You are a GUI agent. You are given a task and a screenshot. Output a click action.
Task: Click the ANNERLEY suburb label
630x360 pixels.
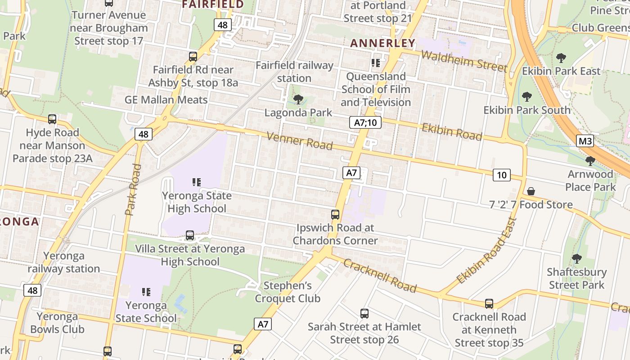[x=382, y=43]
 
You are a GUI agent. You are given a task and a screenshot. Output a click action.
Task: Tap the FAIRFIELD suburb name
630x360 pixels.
[x=212, y=4]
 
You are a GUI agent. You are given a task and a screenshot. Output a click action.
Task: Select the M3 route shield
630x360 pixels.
[x=585, y=141]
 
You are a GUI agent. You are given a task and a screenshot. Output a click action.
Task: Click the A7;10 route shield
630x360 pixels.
[x=365, y=122]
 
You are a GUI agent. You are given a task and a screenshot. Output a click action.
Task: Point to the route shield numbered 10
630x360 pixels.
[x=501, y=175]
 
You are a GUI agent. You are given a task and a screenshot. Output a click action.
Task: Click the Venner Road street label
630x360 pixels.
[x=300, y=141]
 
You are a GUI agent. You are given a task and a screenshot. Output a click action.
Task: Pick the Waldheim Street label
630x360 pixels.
[x=464, y=60]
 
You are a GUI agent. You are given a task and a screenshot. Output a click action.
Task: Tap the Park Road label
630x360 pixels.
[x=133, y=189]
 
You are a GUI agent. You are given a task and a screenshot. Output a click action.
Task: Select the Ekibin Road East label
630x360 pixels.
[x=487, y=251]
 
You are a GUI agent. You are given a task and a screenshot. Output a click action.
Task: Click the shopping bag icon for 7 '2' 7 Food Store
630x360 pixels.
[x=531, y=192]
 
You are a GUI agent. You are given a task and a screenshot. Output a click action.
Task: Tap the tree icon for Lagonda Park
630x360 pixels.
[x=298, y=99]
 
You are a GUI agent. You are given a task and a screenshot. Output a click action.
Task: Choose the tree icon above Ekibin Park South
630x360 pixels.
[x=526, y=97]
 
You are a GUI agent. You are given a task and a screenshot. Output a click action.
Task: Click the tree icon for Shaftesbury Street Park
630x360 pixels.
[x=576, y=259]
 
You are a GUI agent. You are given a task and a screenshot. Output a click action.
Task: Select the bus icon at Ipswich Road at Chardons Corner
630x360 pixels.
[x=335, y=215]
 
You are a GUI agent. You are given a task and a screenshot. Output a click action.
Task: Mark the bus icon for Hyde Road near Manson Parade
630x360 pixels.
[x=52, y=119]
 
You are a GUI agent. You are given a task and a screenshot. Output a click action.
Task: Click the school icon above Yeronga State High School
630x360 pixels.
[x=197, y=182]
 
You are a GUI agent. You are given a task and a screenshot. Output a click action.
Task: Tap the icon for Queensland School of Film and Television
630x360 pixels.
[x=376, y=63]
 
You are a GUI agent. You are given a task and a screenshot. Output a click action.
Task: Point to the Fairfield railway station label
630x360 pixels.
[x=294, y=72]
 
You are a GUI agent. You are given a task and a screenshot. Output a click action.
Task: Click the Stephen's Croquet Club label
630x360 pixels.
[x=288, y=292]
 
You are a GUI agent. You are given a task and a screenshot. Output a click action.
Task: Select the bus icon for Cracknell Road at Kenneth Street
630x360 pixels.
[x=489, y=304]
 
